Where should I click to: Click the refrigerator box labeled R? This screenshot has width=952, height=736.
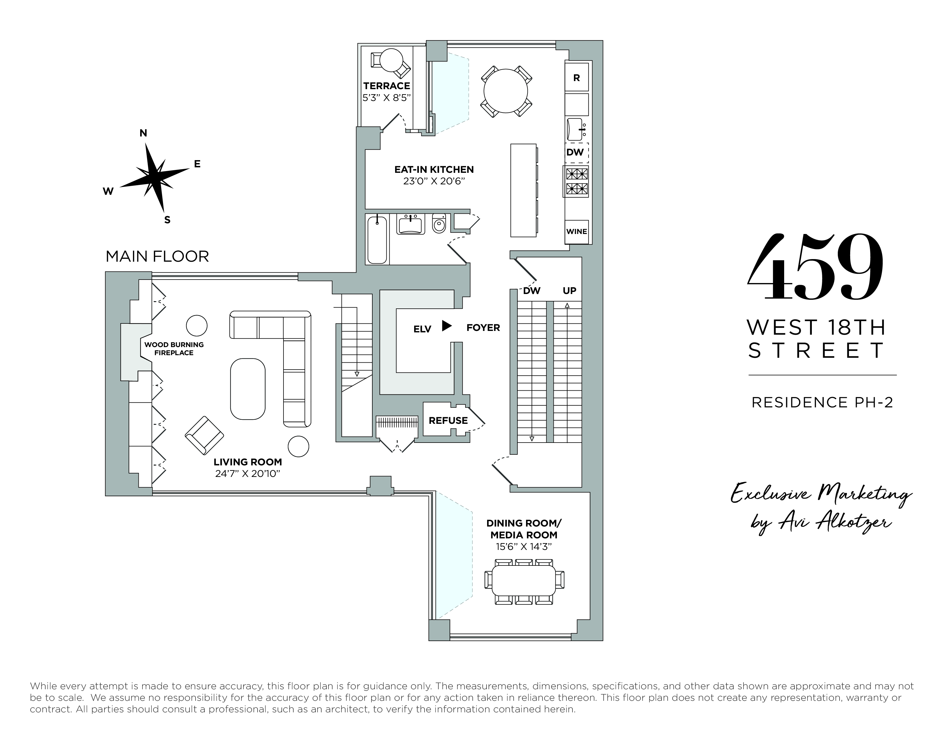pos(576,78)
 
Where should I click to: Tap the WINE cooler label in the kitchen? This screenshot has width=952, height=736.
pos(576,231)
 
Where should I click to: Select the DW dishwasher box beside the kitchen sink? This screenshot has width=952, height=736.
pos(575,152)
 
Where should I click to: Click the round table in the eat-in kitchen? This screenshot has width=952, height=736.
pos(506,91)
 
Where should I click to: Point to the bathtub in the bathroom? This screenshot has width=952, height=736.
pos(377,240)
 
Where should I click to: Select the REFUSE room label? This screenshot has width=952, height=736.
pos(448,420)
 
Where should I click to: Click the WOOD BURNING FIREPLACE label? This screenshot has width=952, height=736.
pos(174,348)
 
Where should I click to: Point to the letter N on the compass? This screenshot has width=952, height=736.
pos(143,133)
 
